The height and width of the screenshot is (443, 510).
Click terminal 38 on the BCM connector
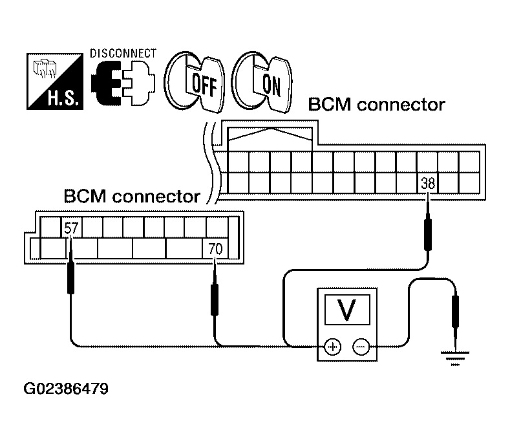click(x=427, y=183)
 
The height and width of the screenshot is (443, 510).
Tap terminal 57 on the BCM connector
click(x=72, y=228)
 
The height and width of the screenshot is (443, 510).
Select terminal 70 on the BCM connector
click(x=215, y=249)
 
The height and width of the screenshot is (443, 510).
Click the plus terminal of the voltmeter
click(x=332, y=347)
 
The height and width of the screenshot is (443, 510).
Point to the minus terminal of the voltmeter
click(x=361, y=347)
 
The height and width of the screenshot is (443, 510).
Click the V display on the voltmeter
click(x=347, y=309)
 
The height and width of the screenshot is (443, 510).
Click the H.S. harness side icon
click(x=55, y=81)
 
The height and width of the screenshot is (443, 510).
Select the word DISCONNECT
click(x=123, y=54)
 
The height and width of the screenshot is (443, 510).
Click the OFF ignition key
click(x=195, y=81)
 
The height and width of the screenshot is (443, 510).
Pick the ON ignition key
click(x=264, y=81)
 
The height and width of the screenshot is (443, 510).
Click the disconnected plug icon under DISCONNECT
click(x=123, y=83)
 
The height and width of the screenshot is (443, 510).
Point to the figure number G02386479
click(x=66, y=389)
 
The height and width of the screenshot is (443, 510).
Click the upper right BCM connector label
click(x=376, y=105)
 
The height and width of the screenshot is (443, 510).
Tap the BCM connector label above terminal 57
click(x=132, y=196)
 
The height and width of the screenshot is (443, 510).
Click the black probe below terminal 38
click(x=428, y=230)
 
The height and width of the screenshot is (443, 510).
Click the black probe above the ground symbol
click(x=455, y=312)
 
